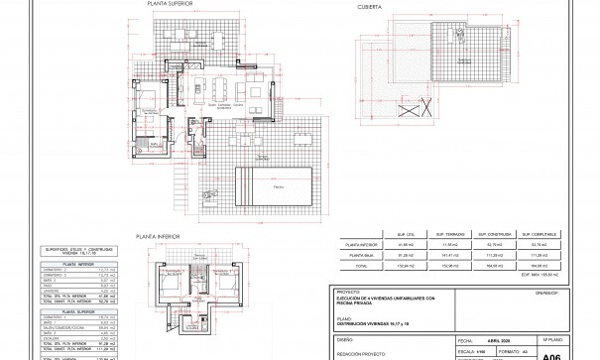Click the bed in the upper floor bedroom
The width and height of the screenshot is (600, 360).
point(146,102)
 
